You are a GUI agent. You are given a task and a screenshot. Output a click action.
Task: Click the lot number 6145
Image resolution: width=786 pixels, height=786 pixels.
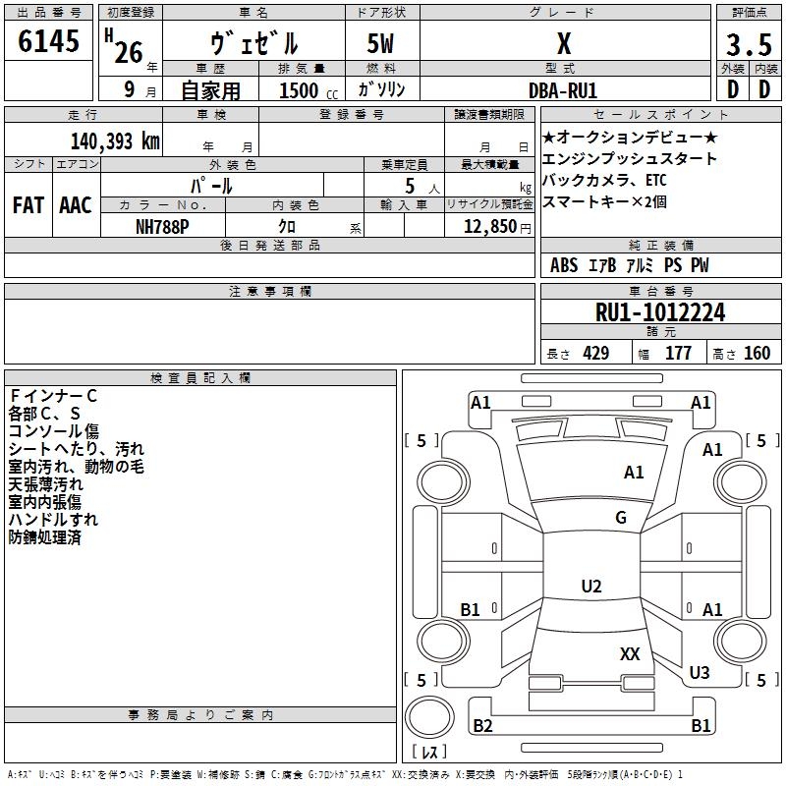coord(48,41)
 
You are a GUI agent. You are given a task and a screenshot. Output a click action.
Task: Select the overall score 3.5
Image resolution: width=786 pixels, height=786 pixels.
coord(749,45)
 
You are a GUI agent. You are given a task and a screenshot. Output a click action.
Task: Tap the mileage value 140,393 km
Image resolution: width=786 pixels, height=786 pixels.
coord(115,141)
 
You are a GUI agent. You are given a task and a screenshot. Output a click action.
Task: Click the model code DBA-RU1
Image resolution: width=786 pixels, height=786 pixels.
coord(563,90)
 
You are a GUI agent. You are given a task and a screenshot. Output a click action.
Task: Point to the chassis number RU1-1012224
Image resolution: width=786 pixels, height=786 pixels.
coord(660,312)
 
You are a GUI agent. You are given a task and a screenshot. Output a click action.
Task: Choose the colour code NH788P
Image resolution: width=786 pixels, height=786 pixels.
coord(162,227)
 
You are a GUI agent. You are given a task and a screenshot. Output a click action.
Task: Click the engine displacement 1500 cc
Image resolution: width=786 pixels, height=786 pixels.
coord(309,90)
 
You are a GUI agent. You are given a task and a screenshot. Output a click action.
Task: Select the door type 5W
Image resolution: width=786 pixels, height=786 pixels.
coord(380,43)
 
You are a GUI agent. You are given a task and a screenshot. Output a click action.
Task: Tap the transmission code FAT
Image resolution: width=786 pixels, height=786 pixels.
coord(28,205)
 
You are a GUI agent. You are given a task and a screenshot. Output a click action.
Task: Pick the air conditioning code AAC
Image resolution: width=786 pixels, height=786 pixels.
coord(76,205)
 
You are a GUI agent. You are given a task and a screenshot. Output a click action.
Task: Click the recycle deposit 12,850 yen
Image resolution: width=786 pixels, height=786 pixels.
coord(497,227)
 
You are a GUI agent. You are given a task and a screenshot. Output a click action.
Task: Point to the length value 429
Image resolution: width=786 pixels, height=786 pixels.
coord(596,353)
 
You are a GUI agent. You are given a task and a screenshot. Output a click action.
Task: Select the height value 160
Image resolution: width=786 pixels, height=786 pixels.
coord(757,353)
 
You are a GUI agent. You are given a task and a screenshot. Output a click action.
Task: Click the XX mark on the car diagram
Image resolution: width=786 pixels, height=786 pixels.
coord(630,653)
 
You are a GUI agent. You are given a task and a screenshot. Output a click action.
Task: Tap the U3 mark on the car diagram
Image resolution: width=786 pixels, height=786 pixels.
coord(700,672)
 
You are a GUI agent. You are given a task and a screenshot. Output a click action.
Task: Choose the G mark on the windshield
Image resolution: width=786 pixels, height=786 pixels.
coord(621,517)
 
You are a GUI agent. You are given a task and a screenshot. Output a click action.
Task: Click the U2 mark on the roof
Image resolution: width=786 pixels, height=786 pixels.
coord(591,586)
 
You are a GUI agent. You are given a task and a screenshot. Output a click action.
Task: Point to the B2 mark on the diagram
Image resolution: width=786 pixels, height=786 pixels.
coord(482,725)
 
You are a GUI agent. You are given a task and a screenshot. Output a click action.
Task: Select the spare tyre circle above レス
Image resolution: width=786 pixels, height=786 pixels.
coord(429,717)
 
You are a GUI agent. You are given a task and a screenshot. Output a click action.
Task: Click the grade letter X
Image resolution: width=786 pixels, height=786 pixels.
coord(564,43)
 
